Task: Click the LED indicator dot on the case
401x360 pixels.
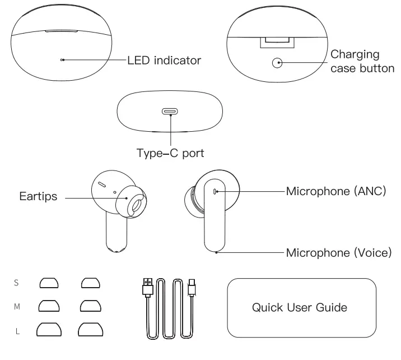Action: click(62, 60)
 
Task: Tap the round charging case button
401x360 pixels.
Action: click(277, 63)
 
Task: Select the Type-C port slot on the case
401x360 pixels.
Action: click(170, 112)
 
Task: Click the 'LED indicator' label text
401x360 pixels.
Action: click(164, 61)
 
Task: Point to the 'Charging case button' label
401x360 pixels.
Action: click(362, 61)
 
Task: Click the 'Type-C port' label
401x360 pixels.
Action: click(170, 153)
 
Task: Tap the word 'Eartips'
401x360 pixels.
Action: click(38, 196)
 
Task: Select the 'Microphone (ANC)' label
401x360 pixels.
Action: click(336, 191)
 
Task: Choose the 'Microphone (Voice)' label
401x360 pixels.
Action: click(339, 253)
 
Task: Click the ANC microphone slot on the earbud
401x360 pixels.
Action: click(215, 192)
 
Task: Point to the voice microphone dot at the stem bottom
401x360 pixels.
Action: click(216, 252)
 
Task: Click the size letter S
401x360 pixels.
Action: click(16, 283)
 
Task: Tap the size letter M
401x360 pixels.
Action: click(17, 307)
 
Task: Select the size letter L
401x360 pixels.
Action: click(17, 331)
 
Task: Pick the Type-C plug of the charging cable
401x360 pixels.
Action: click(192, 288)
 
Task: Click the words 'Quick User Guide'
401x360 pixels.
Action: click(300, 307)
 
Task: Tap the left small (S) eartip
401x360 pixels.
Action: click(49, 283)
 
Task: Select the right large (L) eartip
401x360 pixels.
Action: click(91, 329)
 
